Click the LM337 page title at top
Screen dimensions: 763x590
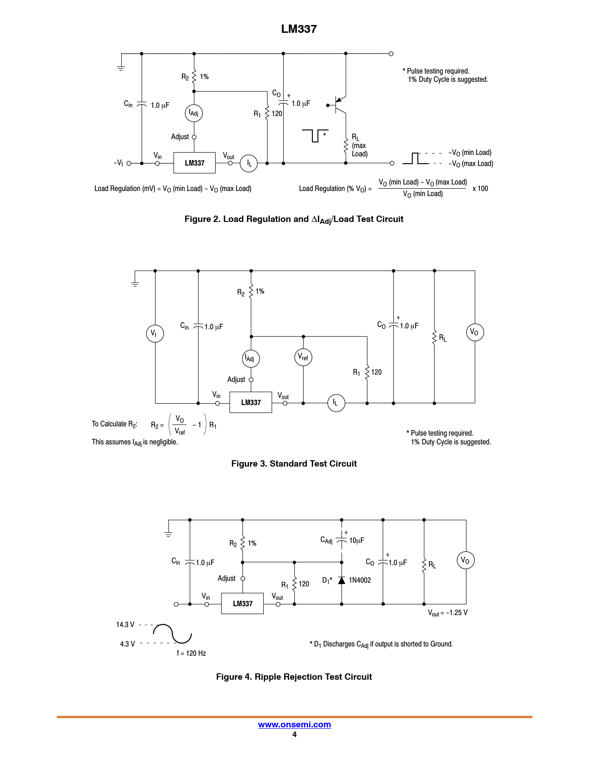pyautogui.click(x=299, y=29)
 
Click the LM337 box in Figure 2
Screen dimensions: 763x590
pyautogui.click(x=194, y=163)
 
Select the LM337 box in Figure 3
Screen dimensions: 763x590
pyautogui.click(x=251, y=402)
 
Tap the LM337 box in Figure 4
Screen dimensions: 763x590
pyautogui.click(x=242, y=603)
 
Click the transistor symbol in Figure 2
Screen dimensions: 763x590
pyautogui.click(x=340, y=105)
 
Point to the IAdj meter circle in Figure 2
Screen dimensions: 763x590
pyautogui.click(x=194, y=113)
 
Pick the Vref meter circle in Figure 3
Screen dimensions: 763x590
pyautogui.click(x=303, y=357)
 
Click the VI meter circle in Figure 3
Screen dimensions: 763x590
pyautogui.click(x=155, y=333)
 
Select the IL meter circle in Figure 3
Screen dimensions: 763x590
pyautogui.click(x=336, y=403)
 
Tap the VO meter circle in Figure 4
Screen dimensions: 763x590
pyautogui.click(x=466, y=560)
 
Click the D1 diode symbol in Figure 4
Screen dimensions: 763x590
pyautogui.click(x=342, y=580)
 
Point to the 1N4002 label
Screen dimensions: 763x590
pyautogui.click(x=360, y=580)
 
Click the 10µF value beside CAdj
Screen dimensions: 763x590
pyautogui.click(x=356, y=541)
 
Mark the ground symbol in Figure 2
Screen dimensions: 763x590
pyautogui.click(x=121, y=68)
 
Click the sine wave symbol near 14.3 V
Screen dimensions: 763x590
pyautogui.click(x=172, y=634)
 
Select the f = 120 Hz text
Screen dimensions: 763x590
pyautogui.click(x=191, y=653)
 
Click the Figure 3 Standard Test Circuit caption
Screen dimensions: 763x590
pyautogui.click(x=294, y=464)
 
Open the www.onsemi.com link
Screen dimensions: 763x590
pyautogui.click(x=294, y=725)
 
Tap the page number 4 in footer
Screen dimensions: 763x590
pyautogui.click(x=294, y=734)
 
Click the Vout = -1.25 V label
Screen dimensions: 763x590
pyautogui.click(x=447, y=613)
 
